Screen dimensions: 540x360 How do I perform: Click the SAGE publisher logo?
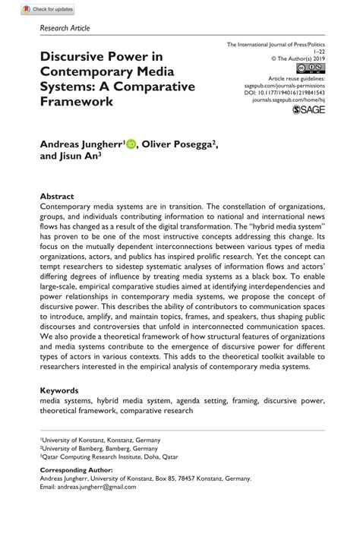coord(308,111)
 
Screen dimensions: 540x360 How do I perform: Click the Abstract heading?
coord(57,194)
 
